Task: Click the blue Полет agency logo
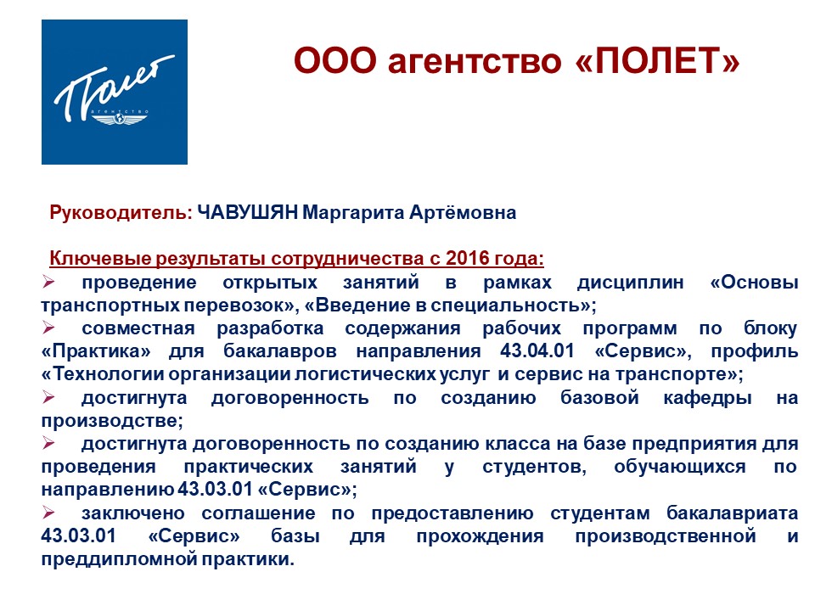tap(115, 92)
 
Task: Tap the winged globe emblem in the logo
tap(120, 120)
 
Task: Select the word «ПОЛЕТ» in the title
tap(657, 60)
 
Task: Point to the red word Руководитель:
tap(121, 212)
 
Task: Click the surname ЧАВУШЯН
tap(247, 212)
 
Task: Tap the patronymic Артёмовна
tap(463, 212)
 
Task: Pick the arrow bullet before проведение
tap(48, 282)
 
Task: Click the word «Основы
tap(754, 282)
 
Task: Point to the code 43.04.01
tap(537, 350)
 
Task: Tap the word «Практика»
tap(96, 350)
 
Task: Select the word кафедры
tap(707, 397)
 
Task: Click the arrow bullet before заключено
tap(48, 513)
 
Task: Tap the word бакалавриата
tap(733, 513)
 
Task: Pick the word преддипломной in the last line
tap(119, 559)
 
